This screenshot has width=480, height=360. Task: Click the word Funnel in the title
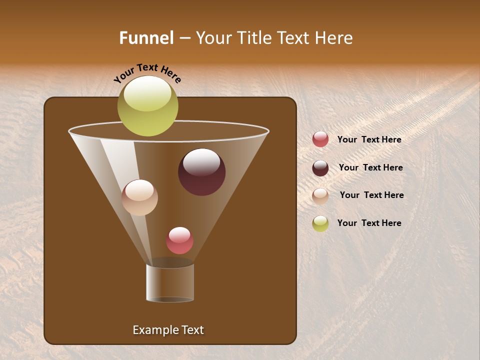(146, 38)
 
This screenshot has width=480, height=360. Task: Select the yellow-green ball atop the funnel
(148, 106)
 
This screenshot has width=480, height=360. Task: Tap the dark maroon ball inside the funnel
(201, 172)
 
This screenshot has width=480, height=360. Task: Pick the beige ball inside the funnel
(139, 197)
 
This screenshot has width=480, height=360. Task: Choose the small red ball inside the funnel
(179, 240)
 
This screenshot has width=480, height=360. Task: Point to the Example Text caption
(168, 330)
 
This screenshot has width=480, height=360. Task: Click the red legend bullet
(320, 139)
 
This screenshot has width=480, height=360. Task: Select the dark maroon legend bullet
(320, 168)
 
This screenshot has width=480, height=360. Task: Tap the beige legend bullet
(320, 196)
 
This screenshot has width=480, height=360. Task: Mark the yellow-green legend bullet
(320, 223)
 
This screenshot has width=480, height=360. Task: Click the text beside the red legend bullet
(369, 140)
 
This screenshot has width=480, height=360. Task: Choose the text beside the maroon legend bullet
(370, 168)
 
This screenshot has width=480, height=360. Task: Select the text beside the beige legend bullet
(371, 195)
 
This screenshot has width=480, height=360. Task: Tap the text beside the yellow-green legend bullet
(369, 223)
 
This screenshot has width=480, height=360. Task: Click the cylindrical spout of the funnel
(170, 283)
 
